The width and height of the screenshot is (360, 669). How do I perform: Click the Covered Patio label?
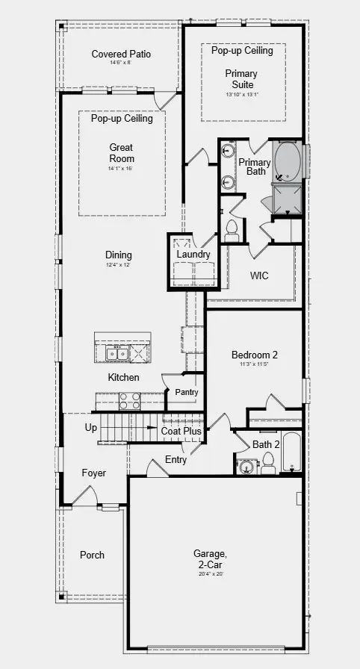pos(121,54)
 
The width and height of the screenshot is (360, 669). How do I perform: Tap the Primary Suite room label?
pos(241,79)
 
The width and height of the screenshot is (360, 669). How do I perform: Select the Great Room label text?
pos(121,153)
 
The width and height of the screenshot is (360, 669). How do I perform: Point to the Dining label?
pos(119,255)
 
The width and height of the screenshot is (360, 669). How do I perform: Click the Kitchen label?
pos(123,377)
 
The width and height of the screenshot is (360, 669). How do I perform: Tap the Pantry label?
pos(186,392)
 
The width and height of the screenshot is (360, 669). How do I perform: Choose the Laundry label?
pos(193,255)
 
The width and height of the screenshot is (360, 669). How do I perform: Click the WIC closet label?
pos(259,276)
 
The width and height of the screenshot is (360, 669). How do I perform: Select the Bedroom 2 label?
pos(254,355)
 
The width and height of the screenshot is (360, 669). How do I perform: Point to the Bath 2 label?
pos(265,445)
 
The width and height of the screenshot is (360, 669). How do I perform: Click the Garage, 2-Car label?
pos(210,558)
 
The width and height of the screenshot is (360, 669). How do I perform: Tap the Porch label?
pos(92,555)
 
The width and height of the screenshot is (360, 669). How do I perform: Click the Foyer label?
pos(94,473)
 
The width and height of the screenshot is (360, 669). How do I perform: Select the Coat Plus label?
pos(181,431)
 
